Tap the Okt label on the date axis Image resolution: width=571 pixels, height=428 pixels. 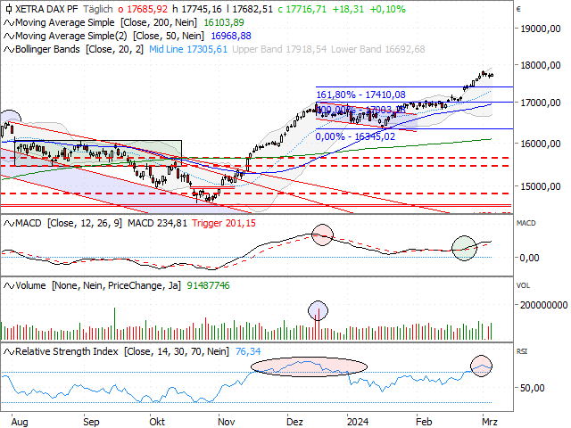point(158,418)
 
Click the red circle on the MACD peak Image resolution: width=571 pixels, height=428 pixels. point(322,235)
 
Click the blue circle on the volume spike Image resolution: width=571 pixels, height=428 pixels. point(318,312)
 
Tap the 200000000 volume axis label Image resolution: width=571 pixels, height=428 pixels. point(542,304)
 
